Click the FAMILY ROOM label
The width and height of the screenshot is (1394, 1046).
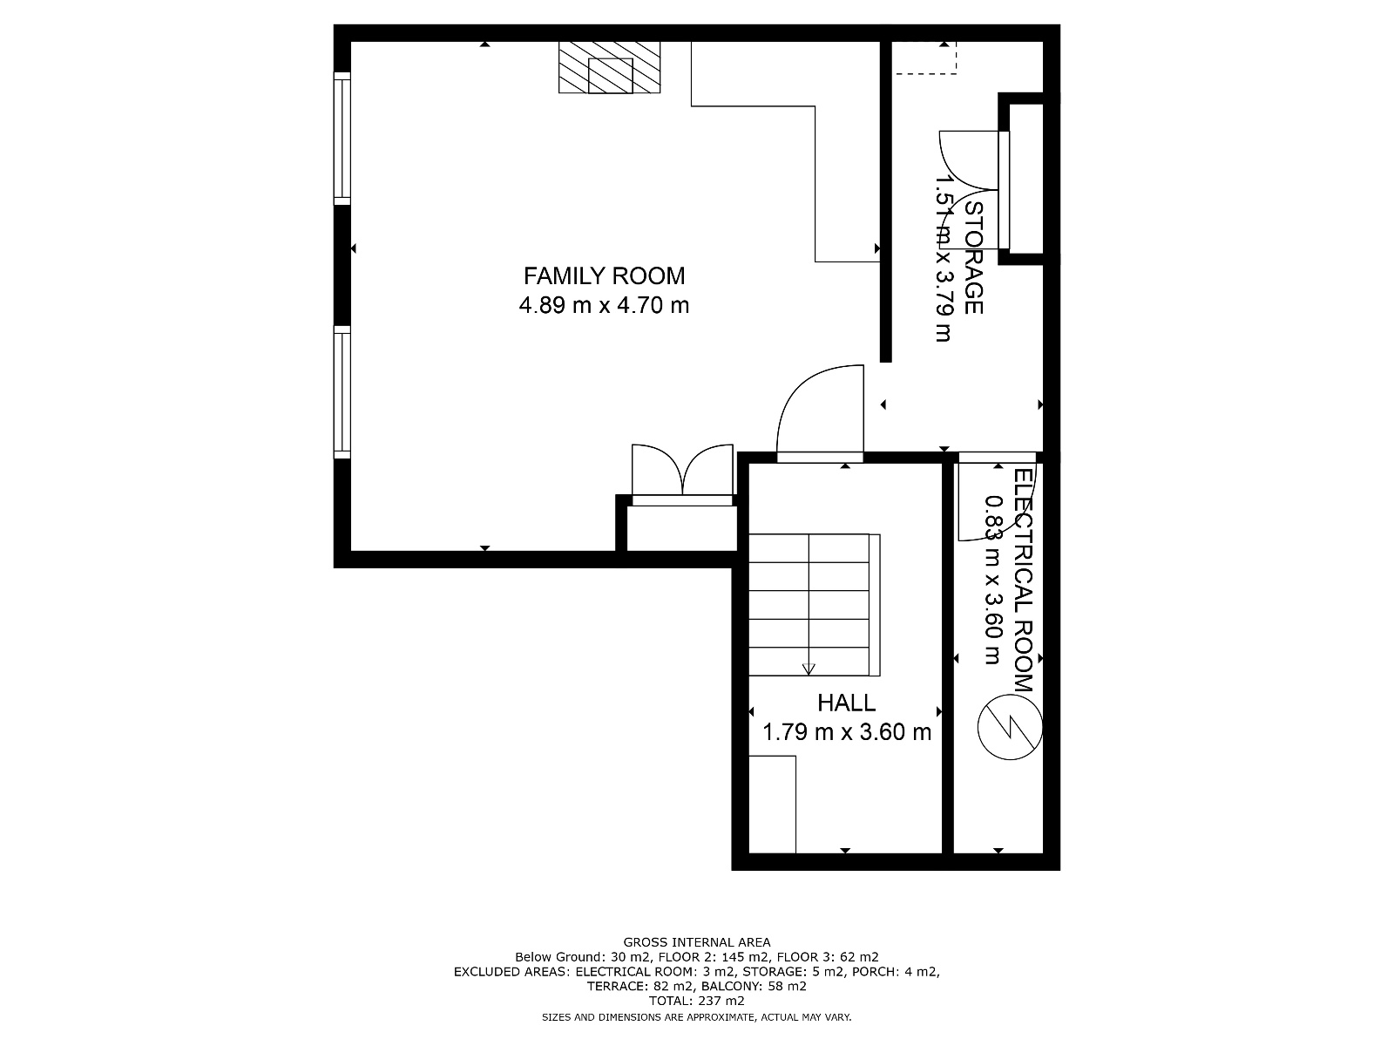[604, 276]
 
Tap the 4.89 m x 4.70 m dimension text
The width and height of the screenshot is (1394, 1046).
[604, 305]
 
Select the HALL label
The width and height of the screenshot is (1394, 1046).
[846, 703]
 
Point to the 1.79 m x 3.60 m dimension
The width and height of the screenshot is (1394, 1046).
[846, 732]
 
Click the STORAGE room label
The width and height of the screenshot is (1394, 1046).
[973, 258]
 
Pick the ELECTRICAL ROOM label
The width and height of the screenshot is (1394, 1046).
[1024, 580]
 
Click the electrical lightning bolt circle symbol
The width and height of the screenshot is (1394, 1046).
[1010, 728]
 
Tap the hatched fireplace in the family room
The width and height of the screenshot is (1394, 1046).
[609, 67]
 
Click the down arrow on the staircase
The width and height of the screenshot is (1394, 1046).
[809, 668]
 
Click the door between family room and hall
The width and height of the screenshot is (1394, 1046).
[820, 413]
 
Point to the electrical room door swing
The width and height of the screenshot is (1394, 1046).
[997, 499]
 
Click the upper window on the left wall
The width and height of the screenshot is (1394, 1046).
[342, 139]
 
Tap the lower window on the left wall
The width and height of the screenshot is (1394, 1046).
[342, 392]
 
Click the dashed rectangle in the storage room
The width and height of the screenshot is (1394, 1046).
[925, 58]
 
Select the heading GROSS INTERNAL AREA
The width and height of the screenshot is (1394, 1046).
[697, 942]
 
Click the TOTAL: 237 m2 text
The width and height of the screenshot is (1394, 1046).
[697, 1001]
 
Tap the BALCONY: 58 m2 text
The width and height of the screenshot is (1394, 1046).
[754, 987]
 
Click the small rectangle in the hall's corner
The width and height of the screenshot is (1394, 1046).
[772, 805]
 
